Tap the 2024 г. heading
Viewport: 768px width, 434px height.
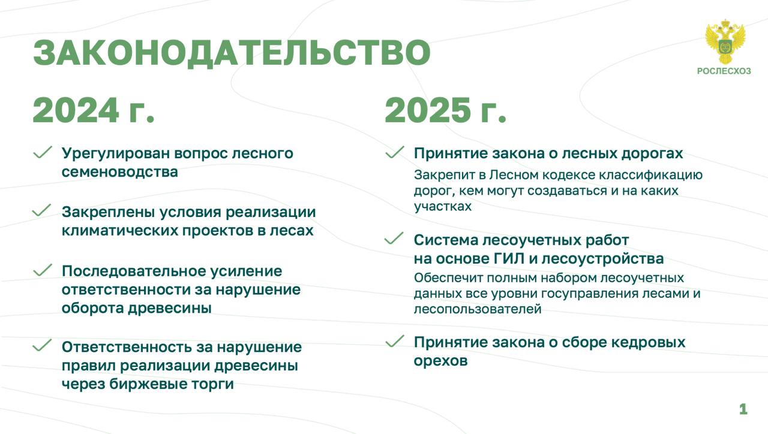[94, 110]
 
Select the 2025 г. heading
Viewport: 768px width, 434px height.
[445, 110]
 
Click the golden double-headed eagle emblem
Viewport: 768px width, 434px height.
[725, 41]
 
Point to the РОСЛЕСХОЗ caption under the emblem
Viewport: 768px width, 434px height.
[724, 71]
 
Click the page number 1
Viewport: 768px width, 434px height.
[743, 409]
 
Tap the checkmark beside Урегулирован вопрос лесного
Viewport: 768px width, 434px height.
[43, 152]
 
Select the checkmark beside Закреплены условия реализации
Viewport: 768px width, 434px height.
[41, 210]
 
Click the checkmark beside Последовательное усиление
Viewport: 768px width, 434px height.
[43, 270]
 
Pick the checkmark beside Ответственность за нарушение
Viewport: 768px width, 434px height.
[42, 345]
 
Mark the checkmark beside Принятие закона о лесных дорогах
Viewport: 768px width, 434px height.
[395, 152]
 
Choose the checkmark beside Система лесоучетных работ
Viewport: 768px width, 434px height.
[394, 239]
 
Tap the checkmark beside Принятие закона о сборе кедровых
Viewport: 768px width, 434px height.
[395, 341]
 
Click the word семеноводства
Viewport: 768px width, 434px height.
[119, 172]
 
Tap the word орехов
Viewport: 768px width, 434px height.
[440, 361]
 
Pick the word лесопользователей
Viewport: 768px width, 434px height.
[478, 309]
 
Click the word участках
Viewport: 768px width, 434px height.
[443, 207]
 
